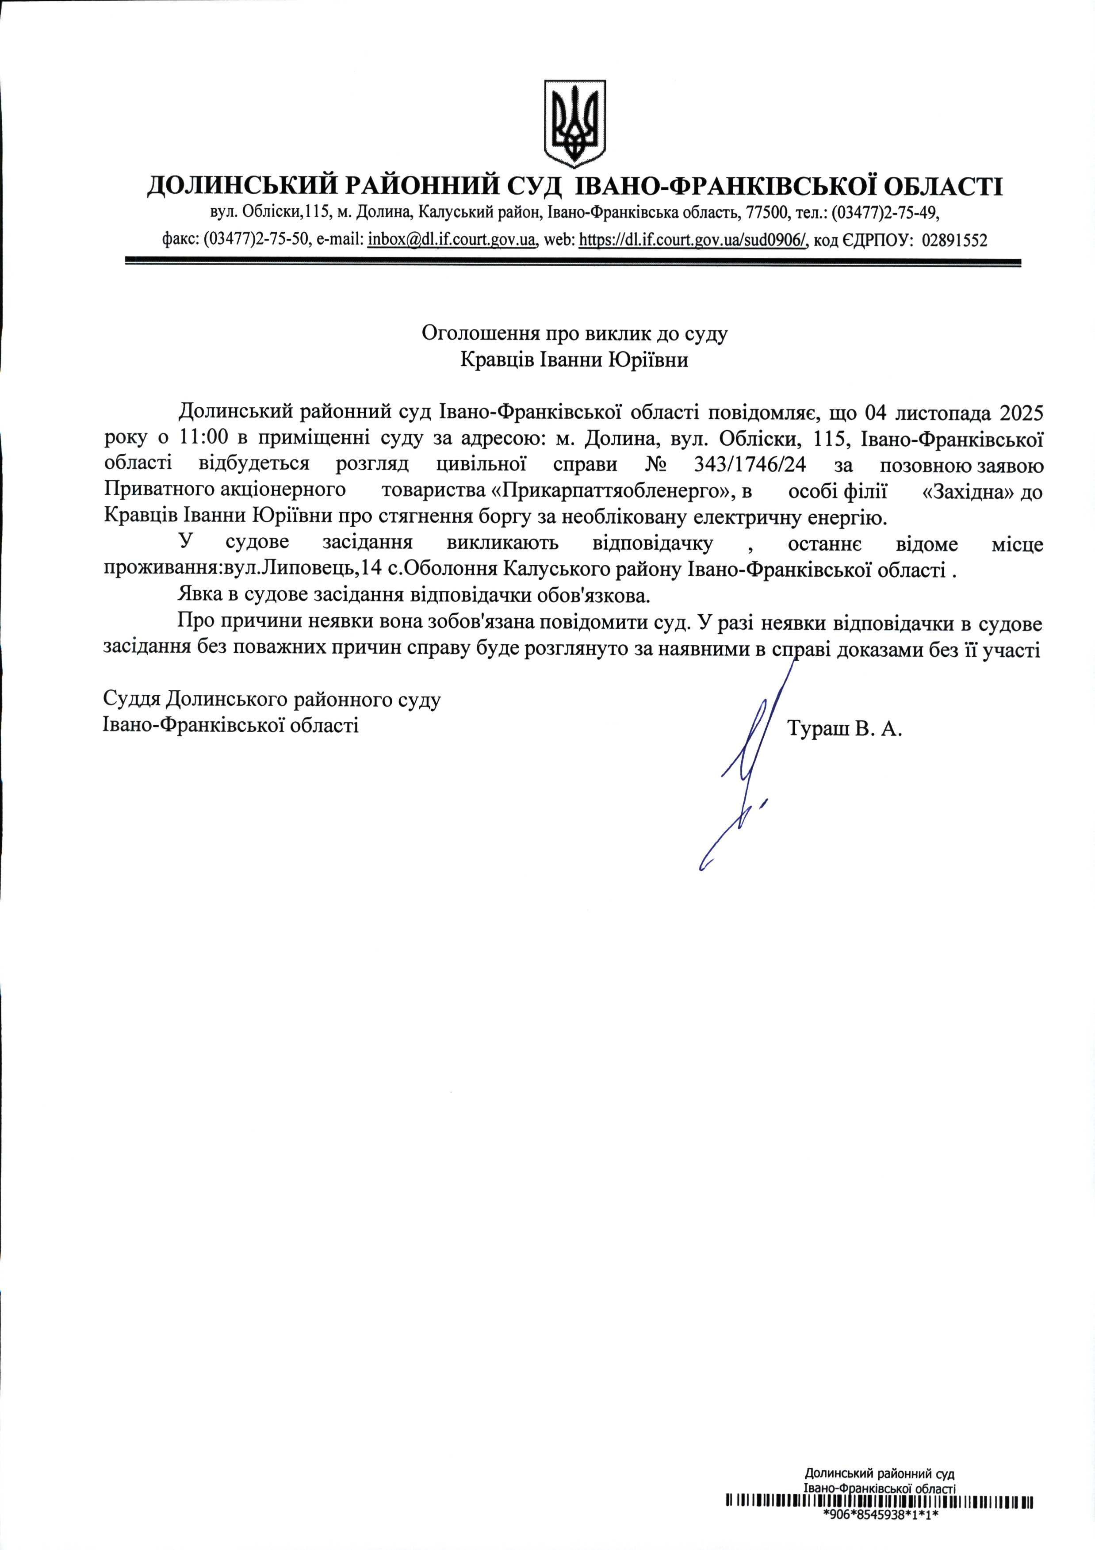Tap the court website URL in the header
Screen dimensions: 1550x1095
pyautogui.click(x=693, y=240)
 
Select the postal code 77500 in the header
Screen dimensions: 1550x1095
pyautogui.click(x=767, y=213)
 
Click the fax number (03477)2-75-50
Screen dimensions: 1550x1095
pyautogui.click(x=256, y=240)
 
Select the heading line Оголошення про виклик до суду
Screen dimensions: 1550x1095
pyautogui.click(x=574, y=333)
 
